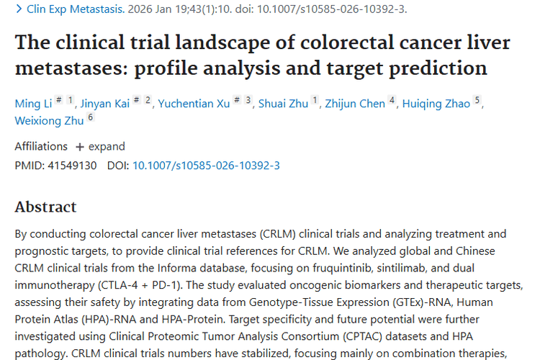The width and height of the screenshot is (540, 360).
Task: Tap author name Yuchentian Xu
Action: click(x=195, y=104)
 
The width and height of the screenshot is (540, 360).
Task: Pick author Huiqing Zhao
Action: click(x=437, y=104)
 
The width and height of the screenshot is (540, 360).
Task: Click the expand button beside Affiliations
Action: click(x=100, y=146)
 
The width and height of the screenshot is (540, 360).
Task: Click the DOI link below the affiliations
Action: click(x=206, y=166)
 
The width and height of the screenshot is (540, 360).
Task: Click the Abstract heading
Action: click(x=45, y=207)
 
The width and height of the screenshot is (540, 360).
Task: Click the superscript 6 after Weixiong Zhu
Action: click(x=91, y=117)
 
